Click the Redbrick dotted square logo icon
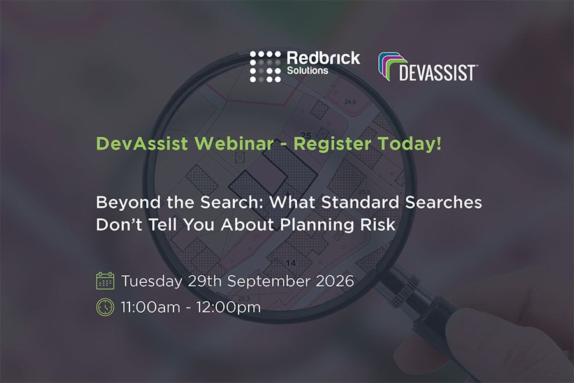265,66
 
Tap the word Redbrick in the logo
323,58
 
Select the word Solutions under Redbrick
307,71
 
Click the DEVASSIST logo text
438,72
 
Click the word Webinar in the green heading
234,143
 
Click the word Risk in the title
378,225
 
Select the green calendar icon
105,281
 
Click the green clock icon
105,307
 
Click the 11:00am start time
151,307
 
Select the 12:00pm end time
228,308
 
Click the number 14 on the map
291,263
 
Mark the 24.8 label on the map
350,101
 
